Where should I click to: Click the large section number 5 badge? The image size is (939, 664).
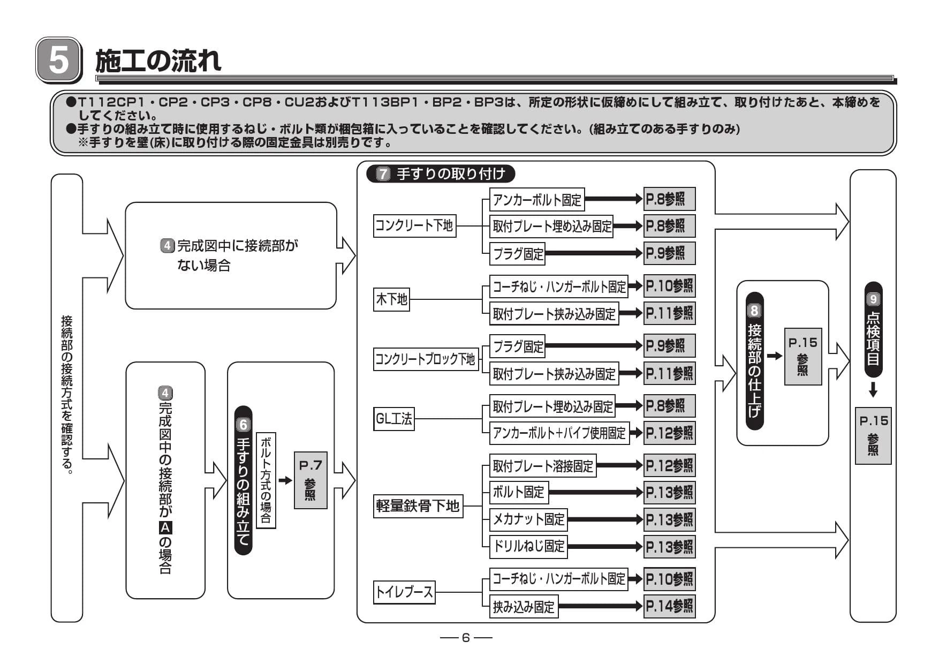[x=58, y=60]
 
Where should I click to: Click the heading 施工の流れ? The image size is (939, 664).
[x=158, y=60]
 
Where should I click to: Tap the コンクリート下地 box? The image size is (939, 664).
[x=414, y=225]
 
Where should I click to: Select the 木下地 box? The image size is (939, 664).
[x=392, y=299]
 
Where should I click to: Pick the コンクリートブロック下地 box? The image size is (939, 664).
[x=426, y=358]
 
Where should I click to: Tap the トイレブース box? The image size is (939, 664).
[x=404, y=592]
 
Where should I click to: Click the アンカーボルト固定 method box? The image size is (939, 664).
[x=537, y=200]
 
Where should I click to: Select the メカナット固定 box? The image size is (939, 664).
[x=528, y=519]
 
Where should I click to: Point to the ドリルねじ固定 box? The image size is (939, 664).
[x=528, y=546]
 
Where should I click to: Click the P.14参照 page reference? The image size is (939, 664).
[x=669, y=606]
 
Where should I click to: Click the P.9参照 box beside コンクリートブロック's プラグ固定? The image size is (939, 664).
[x=669, y=346]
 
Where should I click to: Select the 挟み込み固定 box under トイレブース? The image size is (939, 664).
[x=524, y=607]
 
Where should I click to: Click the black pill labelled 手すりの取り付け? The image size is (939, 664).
[x=440, y=174]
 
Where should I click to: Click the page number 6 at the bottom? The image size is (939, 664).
[x=466, y=637]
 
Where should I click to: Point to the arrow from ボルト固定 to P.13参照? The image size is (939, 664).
[x=595, y=492]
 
